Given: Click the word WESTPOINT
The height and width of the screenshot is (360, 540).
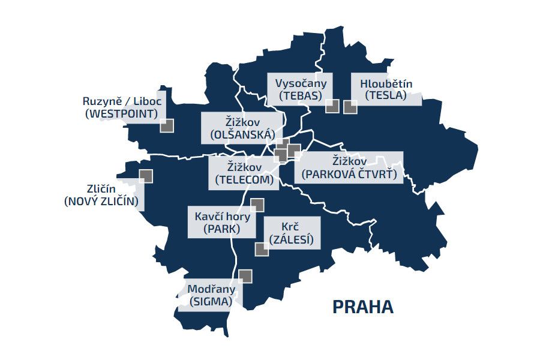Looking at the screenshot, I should click(123, 113).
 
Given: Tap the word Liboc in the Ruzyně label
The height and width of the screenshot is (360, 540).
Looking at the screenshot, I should click(147, 101).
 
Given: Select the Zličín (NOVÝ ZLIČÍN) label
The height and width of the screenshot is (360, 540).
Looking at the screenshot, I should click(101, 195).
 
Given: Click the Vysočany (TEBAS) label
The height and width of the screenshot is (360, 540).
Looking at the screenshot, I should click(301, 89).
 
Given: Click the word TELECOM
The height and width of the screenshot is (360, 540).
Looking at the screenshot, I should click(244, 179).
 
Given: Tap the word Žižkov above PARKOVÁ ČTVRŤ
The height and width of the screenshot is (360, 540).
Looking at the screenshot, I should click(349, 161).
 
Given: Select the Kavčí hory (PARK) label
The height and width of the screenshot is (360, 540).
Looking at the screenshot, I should click(221, 222).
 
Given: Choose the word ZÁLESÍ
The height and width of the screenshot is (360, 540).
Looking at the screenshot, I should click(291, 241).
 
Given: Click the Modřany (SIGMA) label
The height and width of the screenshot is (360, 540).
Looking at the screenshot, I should click(211, 295).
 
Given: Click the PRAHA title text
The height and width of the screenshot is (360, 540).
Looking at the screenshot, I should click(364, 307).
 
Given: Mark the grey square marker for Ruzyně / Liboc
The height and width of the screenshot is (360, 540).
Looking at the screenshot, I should click(167, 125).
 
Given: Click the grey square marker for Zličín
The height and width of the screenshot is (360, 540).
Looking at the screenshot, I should click(145, 176).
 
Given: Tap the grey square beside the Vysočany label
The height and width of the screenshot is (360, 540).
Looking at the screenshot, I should click(332, 107).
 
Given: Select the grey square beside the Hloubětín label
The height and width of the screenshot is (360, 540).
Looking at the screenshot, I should click(350, 107).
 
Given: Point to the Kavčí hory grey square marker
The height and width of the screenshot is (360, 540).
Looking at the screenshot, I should click(257, 205).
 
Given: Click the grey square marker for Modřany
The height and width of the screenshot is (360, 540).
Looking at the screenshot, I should click(245, 276).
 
